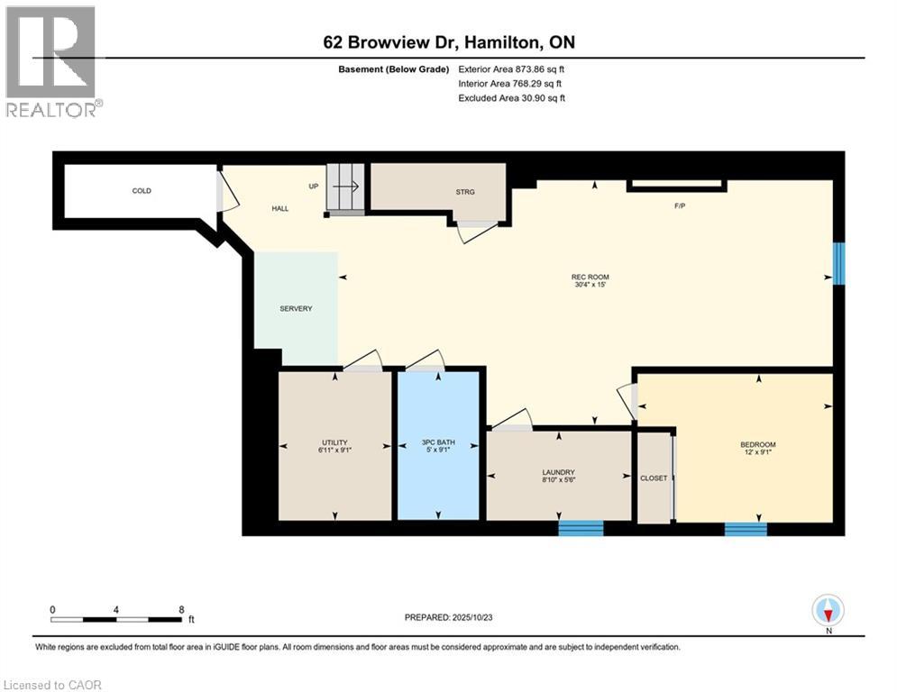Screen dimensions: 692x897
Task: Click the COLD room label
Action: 142,191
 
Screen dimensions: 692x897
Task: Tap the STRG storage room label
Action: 465,192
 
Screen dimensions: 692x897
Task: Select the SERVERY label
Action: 296,309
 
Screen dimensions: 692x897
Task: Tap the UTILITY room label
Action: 334,442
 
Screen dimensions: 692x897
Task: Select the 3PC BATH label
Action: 439,442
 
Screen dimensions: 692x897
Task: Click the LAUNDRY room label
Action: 559,472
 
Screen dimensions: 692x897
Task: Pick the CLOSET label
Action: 654,478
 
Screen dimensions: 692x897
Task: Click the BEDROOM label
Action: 757,445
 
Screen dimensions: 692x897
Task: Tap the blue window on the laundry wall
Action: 581,528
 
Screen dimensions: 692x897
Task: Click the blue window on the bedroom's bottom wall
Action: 746,529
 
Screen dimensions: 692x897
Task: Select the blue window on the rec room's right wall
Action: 838,263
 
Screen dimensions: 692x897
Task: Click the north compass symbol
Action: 828,611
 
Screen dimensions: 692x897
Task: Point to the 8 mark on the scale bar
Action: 181,609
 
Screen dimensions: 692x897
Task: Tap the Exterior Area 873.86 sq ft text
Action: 512,69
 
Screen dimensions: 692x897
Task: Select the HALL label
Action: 280,209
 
